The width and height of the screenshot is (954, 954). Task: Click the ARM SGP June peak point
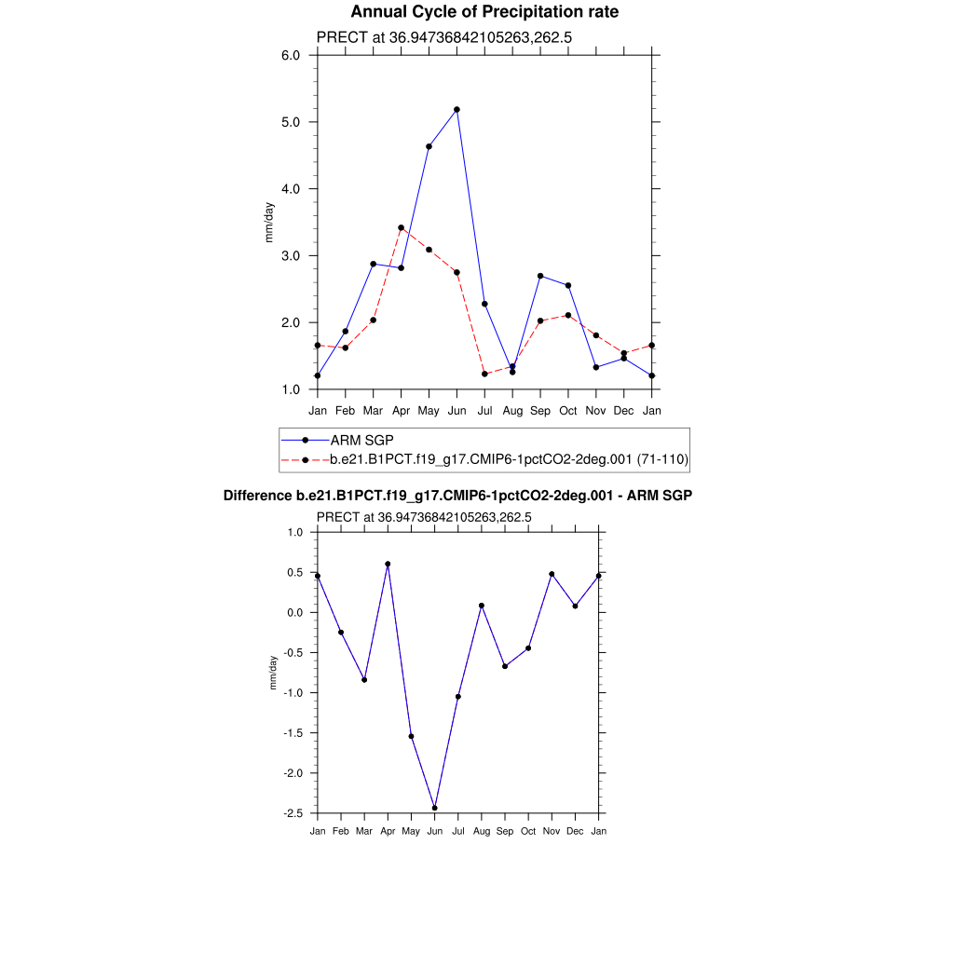coord(457,110)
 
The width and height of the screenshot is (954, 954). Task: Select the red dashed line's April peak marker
coord(401,227)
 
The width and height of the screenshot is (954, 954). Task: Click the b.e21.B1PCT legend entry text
coord(510,459)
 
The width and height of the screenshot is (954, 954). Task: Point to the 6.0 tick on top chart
coord(291,55)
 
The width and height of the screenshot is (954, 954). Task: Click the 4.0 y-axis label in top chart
coord(291,189)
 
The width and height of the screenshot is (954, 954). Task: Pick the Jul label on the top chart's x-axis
coord(484,410)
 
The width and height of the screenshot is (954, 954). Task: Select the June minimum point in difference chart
coord(434,808)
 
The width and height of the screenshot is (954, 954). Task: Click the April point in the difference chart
coord(388,564)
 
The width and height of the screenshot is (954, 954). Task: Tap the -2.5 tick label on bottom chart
coord(293,813)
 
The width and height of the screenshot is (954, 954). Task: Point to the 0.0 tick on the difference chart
coord(295,612)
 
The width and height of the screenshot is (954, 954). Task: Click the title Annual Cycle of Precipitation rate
coord(484,12)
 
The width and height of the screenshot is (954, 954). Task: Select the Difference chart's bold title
coord(457,497)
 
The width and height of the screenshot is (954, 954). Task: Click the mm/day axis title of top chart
coord(270,222)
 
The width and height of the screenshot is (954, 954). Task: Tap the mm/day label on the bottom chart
coord(273,672)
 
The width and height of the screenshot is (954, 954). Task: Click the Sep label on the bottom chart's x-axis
coord(505,831)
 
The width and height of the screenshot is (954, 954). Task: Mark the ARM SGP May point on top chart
coord(429,146)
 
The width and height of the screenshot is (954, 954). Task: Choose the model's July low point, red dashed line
coord(484,375)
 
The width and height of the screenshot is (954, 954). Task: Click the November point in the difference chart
coord(552,574)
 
